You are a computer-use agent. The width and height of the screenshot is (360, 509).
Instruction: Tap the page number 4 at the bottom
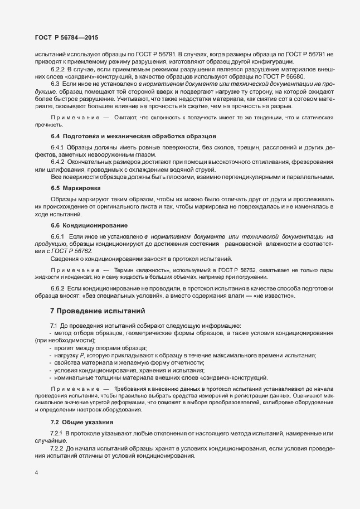pyautogui.click(x=36, y=473)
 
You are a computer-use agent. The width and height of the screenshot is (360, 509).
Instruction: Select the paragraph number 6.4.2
pyautogui.click(x=59, y=162)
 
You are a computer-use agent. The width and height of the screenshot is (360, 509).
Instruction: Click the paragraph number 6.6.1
pyautogui.click(x=59, y=237)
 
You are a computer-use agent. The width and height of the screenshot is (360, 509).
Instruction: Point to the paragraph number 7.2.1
pyautogui.click(x=58, y=433)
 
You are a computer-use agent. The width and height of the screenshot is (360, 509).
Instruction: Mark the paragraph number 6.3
pyautogui.click(x=55, y=83)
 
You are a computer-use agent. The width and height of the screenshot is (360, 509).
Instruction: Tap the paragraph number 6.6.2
pyautogui.click(x=58, y=288)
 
